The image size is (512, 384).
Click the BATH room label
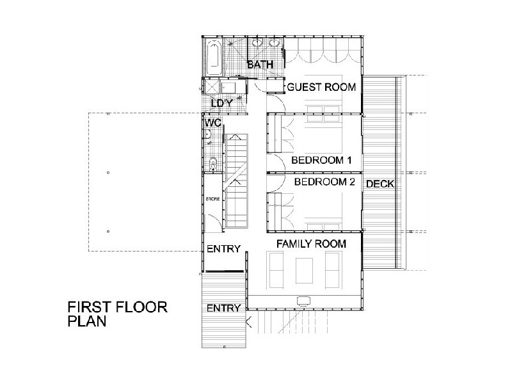(260, 65)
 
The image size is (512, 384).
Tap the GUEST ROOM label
(321, 87)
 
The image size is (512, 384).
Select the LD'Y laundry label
(222, 104)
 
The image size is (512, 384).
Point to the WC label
(213, 123)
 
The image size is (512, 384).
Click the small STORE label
(213, 199)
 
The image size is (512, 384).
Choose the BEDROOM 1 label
(321, 161)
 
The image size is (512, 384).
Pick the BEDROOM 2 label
(324, 182)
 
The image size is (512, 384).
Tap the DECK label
(380, 184)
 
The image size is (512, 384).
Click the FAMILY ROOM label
(311, 244)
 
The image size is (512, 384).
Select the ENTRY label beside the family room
(223, 249)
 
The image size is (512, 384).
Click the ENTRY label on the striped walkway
(223, 308)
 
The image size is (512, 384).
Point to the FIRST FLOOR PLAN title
(118, 314)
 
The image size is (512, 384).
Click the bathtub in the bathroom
(214, 58)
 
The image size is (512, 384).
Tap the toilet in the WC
(212, 164)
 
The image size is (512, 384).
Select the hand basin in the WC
(207, 134)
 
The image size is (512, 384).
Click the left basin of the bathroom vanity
(257, 43)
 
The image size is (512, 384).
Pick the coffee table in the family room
(304, 271)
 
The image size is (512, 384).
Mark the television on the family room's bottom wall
(303, 300)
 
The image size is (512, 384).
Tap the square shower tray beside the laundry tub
(212, 87)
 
